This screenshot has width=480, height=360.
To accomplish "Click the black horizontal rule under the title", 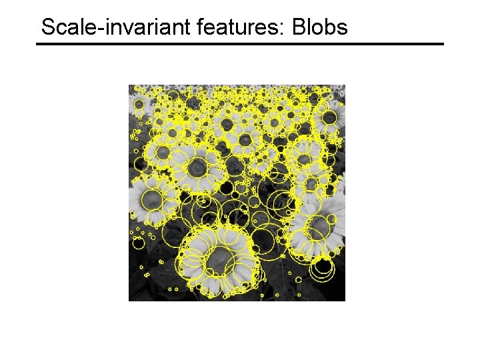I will [240, 44].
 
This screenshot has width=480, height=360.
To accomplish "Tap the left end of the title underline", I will [38, 44].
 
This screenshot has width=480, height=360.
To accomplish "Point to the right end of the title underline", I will [442, 44].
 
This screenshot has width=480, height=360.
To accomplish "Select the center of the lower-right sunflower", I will [319, 229].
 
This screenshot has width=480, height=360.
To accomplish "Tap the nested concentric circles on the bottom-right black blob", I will [323, 267].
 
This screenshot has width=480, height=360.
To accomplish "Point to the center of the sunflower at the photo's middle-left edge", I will [152, 198].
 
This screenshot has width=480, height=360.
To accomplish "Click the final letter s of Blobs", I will [342, 29].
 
